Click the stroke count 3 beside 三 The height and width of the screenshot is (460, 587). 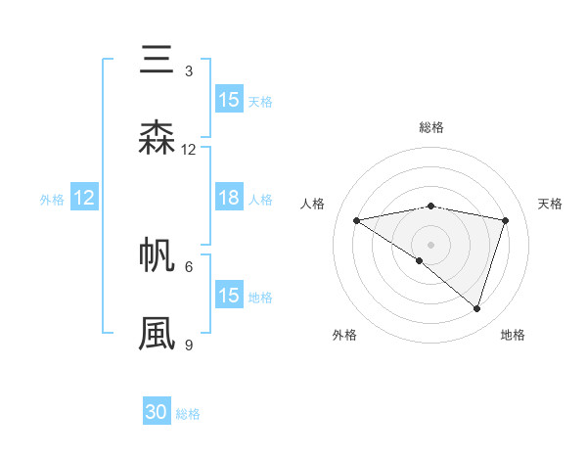tap(189, 71)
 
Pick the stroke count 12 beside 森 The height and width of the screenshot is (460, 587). tap(189, 150)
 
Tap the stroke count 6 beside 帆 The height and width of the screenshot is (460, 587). tap(189, 266)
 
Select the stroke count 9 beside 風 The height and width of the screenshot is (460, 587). tap(189, 345)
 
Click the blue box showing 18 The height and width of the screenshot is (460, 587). tap(229, 198)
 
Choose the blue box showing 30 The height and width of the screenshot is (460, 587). tap(157, 412)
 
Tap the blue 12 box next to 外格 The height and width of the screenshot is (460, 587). tap(84, 198)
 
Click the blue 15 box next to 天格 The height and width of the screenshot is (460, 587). tap(229, 99)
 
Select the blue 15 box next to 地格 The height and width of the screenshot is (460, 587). tap(229, 296)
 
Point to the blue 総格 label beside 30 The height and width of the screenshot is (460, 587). tap(188, 414)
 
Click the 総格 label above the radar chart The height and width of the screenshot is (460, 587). tap(430, 127)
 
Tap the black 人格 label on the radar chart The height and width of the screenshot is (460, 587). tap(313, 204)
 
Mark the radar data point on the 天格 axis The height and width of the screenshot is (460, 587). tap(506, 220)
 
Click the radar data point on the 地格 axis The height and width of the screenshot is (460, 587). tap(477, 308)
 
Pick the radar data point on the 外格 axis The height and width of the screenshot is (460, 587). tap(420, 260)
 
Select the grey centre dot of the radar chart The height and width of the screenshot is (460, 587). tap(430, 244)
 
